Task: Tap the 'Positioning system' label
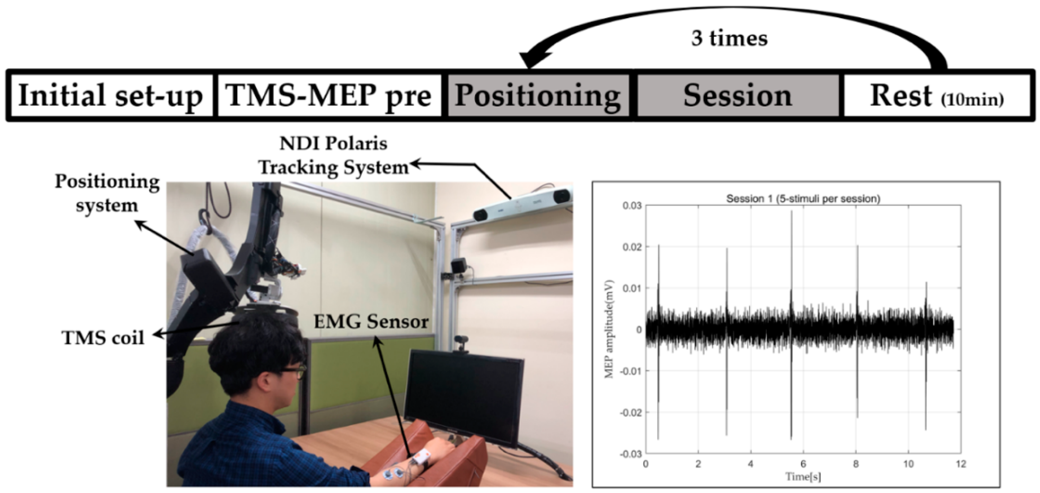107,193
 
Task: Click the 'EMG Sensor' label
371,322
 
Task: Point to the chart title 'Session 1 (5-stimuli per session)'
803,199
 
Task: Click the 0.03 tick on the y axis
632,205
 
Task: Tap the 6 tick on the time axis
803,464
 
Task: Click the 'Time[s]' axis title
803,477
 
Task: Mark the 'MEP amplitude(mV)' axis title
609,329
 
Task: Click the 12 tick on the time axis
961,464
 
